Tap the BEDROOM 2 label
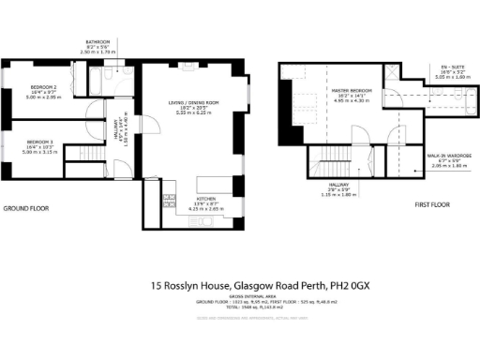coord(43,87)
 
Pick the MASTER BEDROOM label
coord(353,90)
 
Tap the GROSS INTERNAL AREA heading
coord(240,298)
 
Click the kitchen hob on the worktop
coord(170,200)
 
